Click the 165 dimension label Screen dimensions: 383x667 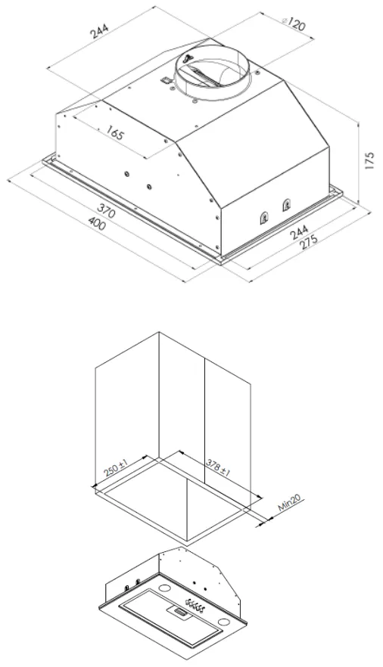(x=114, y=133)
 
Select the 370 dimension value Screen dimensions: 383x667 (x=106, y=209)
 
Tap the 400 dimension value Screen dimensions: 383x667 (x=97, y=223)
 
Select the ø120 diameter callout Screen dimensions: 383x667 (x=293, y=23)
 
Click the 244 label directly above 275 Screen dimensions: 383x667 (x=300, y=234)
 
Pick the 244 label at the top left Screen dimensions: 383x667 (x=101, y=30)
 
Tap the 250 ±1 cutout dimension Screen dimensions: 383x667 (x=116, y=468)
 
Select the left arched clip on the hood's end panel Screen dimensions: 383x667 (x=264, y=217)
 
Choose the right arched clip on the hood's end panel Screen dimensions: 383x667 (x=285, y=206)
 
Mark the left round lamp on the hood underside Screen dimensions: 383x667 (x=163, y=588)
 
